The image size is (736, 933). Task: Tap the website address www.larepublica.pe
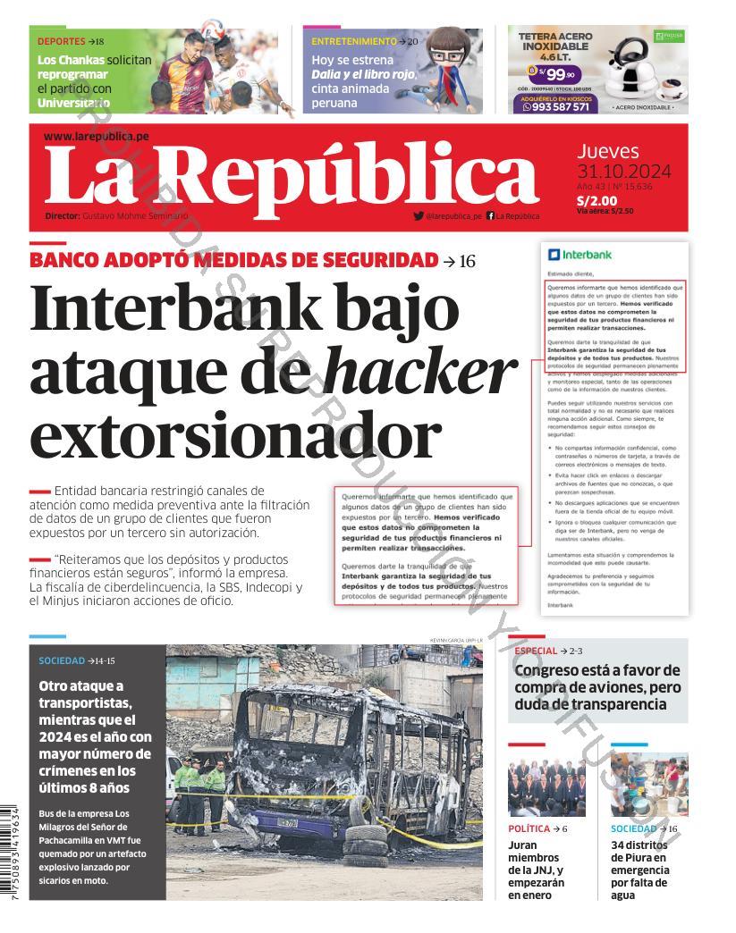(96, 136)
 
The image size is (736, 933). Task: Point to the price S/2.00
(596, 200)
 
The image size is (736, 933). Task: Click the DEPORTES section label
(61, 41)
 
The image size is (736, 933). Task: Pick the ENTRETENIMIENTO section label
(353, 41)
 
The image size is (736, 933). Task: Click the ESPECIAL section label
(536, 651)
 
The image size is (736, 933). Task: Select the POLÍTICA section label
(529, 828)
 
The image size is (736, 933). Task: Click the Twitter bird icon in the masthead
(419, 215)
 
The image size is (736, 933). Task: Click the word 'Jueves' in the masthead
(607, 151)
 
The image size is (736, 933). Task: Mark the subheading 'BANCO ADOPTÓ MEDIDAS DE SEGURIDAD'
(233, 260)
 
